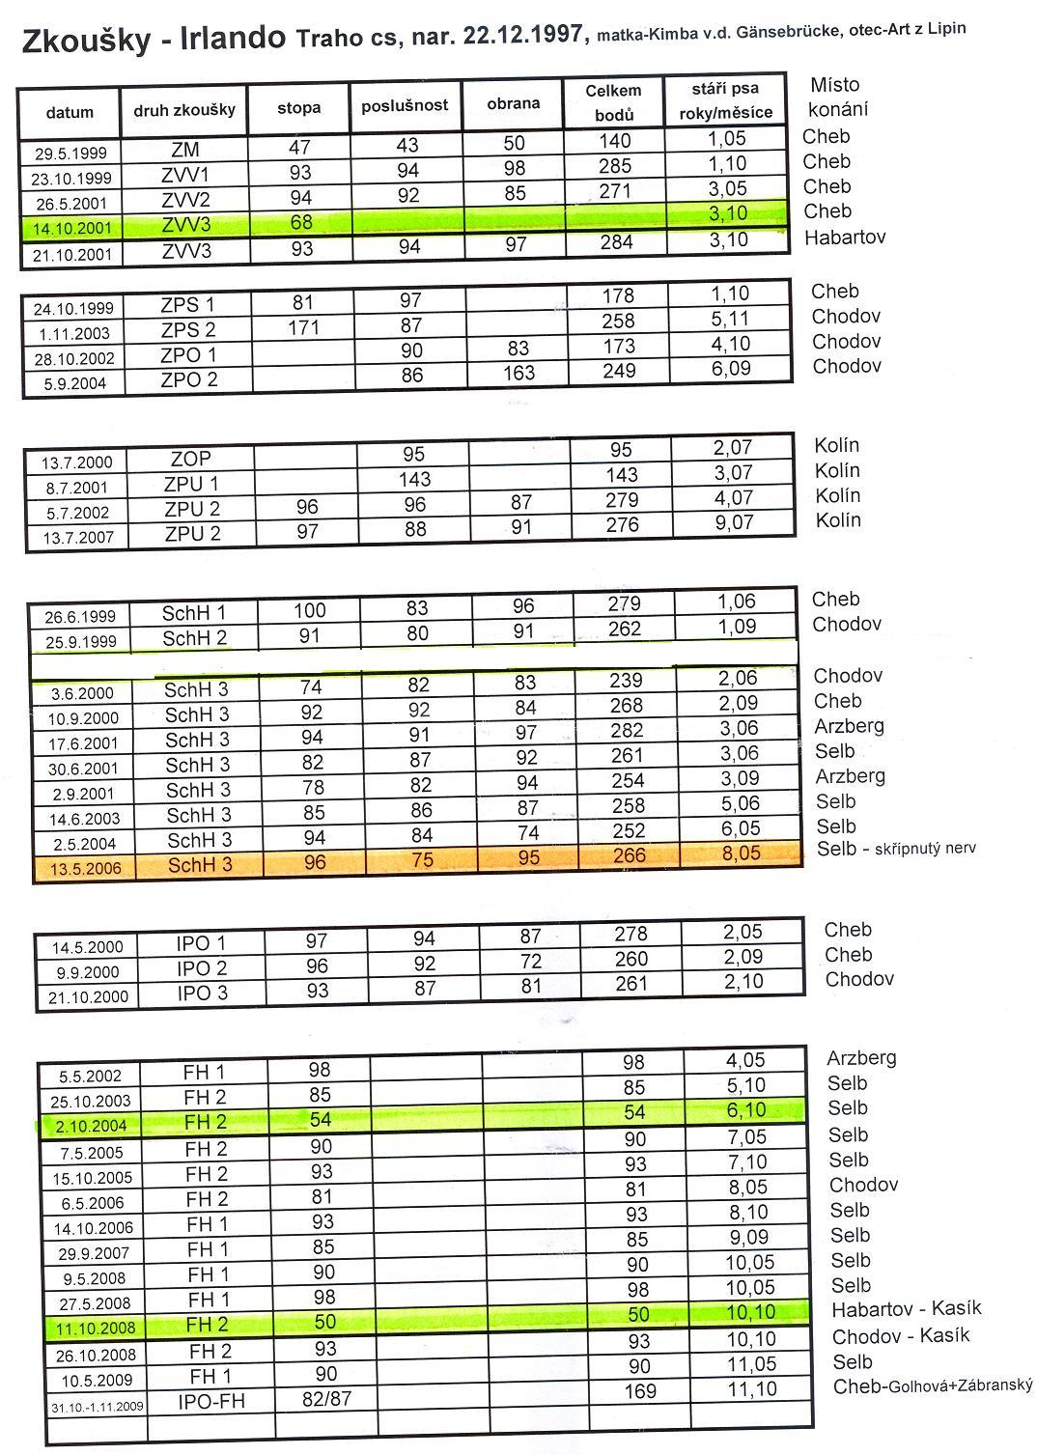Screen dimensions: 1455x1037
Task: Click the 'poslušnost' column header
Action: pos(405,105)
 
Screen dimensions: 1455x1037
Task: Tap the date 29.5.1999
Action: pos(70,153)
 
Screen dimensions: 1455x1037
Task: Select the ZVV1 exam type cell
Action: pos(183,175)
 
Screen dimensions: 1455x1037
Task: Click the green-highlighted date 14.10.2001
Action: pos(70,229)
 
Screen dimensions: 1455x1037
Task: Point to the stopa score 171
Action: pos(303,327)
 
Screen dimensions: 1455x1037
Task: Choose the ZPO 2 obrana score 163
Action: pos(518,373)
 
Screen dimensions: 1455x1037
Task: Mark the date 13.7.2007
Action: pos(76,538)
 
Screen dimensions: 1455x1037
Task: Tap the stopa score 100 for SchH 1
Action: pos(309,610)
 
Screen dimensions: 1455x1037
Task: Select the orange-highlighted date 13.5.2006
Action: pos(87,868)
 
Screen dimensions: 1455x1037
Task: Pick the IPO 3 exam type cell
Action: pos(201,993)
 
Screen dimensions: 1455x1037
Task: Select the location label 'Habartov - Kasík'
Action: pos(906,1309)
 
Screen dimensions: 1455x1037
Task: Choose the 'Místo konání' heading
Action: pos(836,97)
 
